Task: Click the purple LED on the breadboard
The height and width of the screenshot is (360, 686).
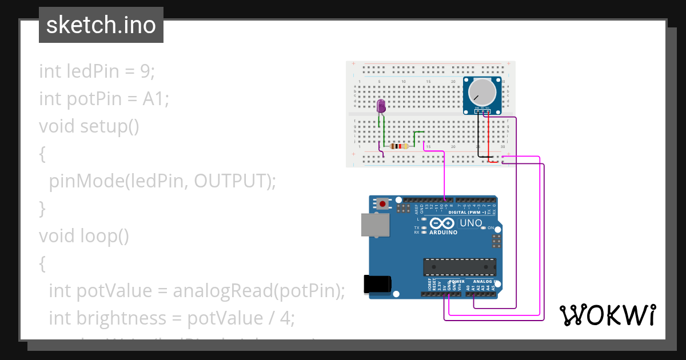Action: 381,106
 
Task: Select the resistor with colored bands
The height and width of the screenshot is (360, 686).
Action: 398,146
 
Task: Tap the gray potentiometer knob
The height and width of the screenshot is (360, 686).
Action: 482,91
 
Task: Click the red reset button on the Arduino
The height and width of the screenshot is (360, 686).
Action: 382,203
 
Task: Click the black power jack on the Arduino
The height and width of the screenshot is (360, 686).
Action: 378,284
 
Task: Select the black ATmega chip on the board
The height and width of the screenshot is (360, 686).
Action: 459,267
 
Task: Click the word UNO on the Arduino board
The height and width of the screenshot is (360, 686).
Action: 471,223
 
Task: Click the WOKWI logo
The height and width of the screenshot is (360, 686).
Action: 608,315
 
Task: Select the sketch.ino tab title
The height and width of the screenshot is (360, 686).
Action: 101,25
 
